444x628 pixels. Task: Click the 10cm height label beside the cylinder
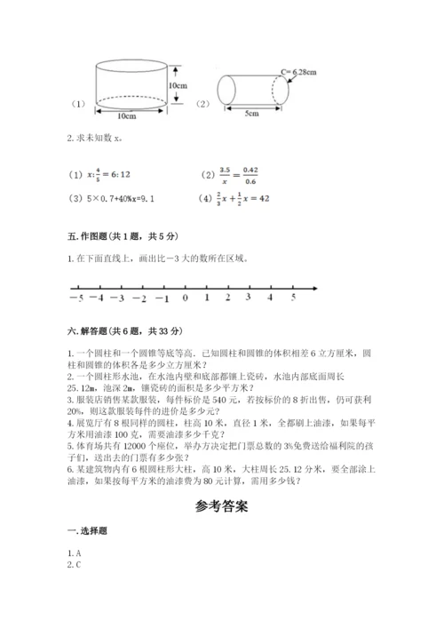(177, 85)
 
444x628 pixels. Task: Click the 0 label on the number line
(185, 298)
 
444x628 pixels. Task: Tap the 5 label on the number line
(292, 298)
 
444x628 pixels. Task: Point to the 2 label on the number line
(228, 298)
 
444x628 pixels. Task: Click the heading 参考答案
(221, 508)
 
